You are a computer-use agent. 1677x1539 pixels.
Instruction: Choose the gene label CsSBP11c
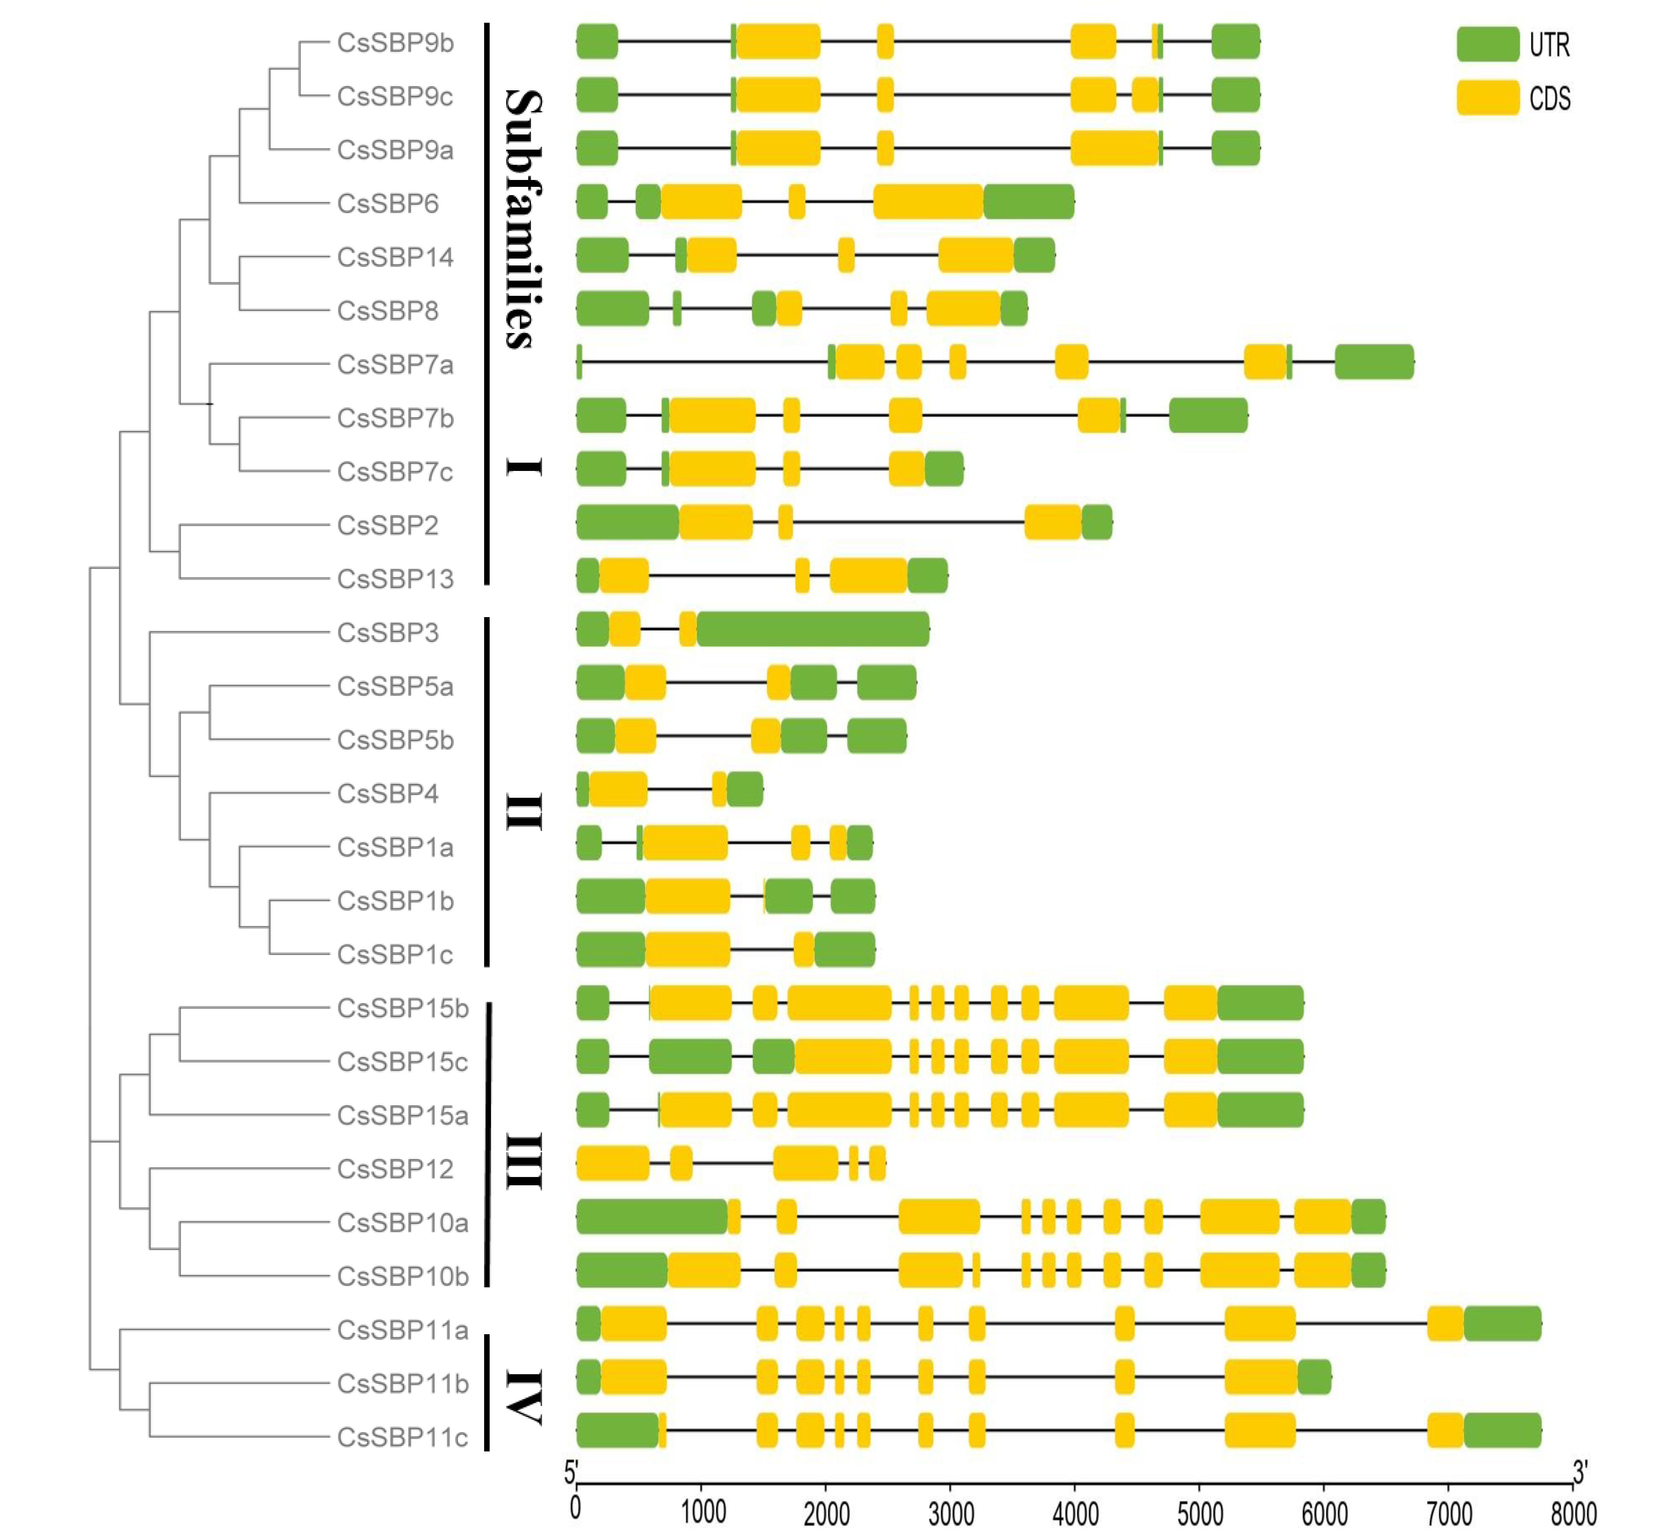(402, 1437)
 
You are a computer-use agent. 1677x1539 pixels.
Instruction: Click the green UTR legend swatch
(1487, 44)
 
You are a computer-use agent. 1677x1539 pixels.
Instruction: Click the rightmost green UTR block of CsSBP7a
(1374, 361)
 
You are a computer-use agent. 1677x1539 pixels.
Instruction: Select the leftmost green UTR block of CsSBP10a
(651, 1217)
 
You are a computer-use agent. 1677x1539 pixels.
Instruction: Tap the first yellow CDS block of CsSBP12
(613, 1164)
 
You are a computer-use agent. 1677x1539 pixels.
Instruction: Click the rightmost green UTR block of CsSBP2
(1097, 522)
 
